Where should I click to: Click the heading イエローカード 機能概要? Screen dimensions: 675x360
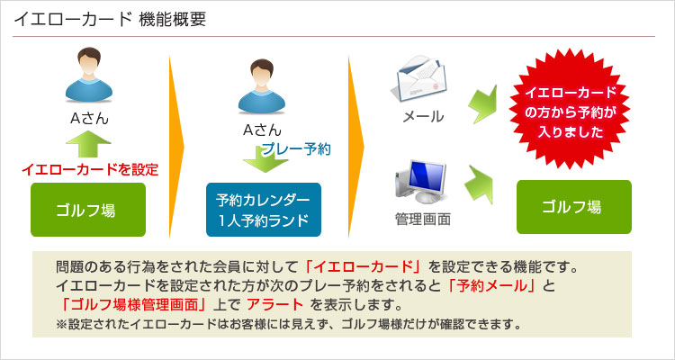coord(110,20)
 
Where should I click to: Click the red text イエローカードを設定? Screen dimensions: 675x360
coord(90,170)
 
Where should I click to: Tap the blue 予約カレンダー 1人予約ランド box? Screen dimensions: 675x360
coord(264,210)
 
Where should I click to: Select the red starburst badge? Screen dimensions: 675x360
coord(570,108)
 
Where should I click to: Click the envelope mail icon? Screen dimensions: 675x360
coord(418,78)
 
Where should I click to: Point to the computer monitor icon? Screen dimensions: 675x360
coord(420,181)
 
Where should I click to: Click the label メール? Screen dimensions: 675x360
coord(423,116)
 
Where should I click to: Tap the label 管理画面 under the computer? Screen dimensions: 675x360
coord(423,220)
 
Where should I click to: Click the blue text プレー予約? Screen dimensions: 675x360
coord(296,149)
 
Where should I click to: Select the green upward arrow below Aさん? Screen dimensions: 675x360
coord(89,144)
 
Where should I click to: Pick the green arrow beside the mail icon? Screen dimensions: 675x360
coord(482,103)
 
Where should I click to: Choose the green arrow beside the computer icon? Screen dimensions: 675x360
coord(479,184)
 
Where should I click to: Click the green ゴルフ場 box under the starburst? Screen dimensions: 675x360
coord(574,207)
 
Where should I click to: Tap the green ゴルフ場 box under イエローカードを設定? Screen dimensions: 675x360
coord(88,210)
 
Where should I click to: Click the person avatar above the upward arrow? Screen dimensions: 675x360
coord(89,74)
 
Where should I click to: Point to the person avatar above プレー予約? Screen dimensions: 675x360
coord(262,86)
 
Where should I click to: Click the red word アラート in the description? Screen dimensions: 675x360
coord(275,305)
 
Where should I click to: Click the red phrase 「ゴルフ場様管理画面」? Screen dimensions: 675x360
coord(134,305)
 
